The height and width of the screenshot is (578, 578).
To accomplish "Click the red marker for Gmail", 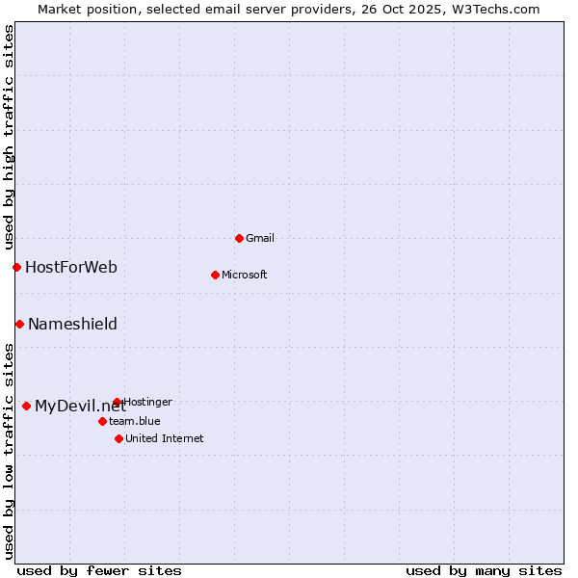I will coord(239,238).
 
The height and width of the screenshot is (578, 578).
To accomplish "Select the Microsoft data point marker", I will coord(215,275).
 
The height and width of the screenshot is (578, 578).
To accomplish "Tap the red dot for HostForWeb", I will coord(16,267).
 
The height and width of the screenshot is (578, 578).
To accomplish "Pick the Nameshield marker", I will coord(19,324).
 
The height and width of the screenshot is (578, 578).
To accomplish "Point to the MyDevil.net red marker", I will coord(26,406).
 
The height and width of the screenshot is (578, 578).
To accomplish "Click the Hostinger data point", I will coord(117,402).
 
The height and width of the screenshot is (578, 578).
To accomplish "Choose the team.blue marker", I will coord(102,421).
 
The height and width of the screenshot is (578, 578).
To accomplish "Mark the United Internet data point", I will coord(118,438).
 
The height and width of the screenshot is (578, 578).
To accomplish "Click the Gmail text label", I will coord(260,238).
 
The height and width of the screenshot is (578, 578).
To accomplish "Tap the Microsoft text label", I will coord(244,275).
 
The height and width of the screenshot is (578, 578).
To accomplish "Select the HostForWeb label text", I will coord(71,267).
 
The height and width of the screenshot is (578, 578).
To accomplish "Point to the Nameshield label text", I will coord(72,324).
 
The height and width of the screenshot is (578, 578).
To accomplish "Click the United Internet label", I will coord(164,438).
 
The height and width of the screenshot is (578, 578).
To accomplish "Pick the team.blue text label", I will coord(134,421).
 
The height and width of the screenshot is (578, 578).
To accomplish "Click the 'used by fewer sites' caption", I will coord(99,570).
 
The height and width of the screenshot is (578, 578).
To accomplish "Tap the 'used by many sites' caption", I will coord(484,570).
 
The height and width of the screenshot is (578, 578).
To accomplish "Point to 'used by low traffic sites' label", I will coord(9,450).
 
